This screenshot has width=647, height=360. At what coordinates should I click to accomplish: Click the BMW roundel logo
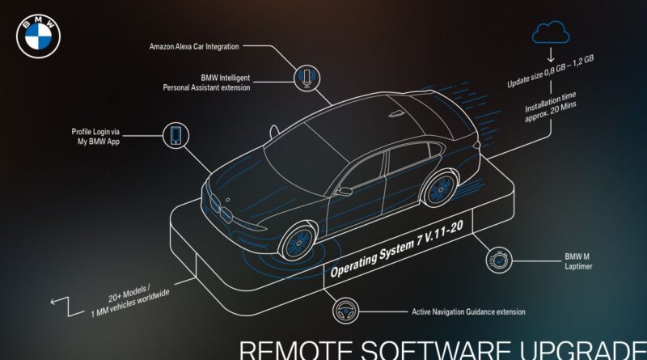(38, 36)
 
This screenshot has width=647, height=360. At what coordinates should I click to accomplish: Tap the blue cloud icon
(551, 32)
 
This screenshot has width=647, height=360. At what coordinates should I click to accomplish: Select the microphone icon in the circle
(307, 78)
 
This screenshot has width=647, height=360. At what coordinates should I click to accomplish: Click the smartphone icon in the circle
(175, 135)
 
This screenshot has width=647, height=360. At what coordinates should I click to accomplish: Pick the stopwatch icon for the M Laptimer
(499, 260)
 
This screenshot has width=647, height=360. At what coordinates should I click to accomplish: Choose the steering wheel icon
(345, 311)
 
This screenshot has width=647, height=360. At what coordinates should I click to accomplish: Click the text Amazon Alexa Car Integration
(194, 47)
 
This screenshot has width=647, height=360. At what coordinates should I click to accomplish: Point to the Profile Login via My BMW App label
(95, 136)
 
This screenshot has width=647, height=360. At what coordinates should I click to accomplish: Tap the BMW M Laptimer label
(578, 262)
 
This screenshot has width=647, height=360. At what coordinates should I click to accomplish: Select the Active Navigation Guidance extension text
(468, 311)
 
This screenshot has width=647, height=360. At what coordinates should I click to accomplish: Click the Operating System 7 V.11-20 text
(396, 248)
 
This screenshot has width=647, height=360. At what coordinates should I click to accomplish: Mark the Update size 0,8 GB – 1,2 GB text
(551, 71)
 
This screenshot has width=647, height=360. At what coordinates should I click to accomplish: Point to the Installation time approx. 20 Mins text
(550, 107)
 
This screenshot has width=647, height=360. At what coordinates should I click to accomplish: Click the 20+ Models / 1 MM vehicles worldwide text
(129, 300)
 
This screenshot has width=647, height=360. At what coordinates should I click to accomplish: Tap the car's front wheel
(298, 243)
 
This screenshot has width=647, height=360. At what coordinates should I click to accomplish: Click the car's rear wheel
(440, 189)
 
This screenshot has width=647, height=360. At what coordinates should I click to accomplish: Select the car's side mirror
(343, 191)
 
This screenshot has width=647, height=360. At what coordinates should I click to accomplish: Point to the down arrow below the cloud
(551, 55)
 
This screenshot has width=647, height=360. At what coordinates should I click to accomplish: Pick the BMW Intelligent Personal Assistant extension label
(206, 83)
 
